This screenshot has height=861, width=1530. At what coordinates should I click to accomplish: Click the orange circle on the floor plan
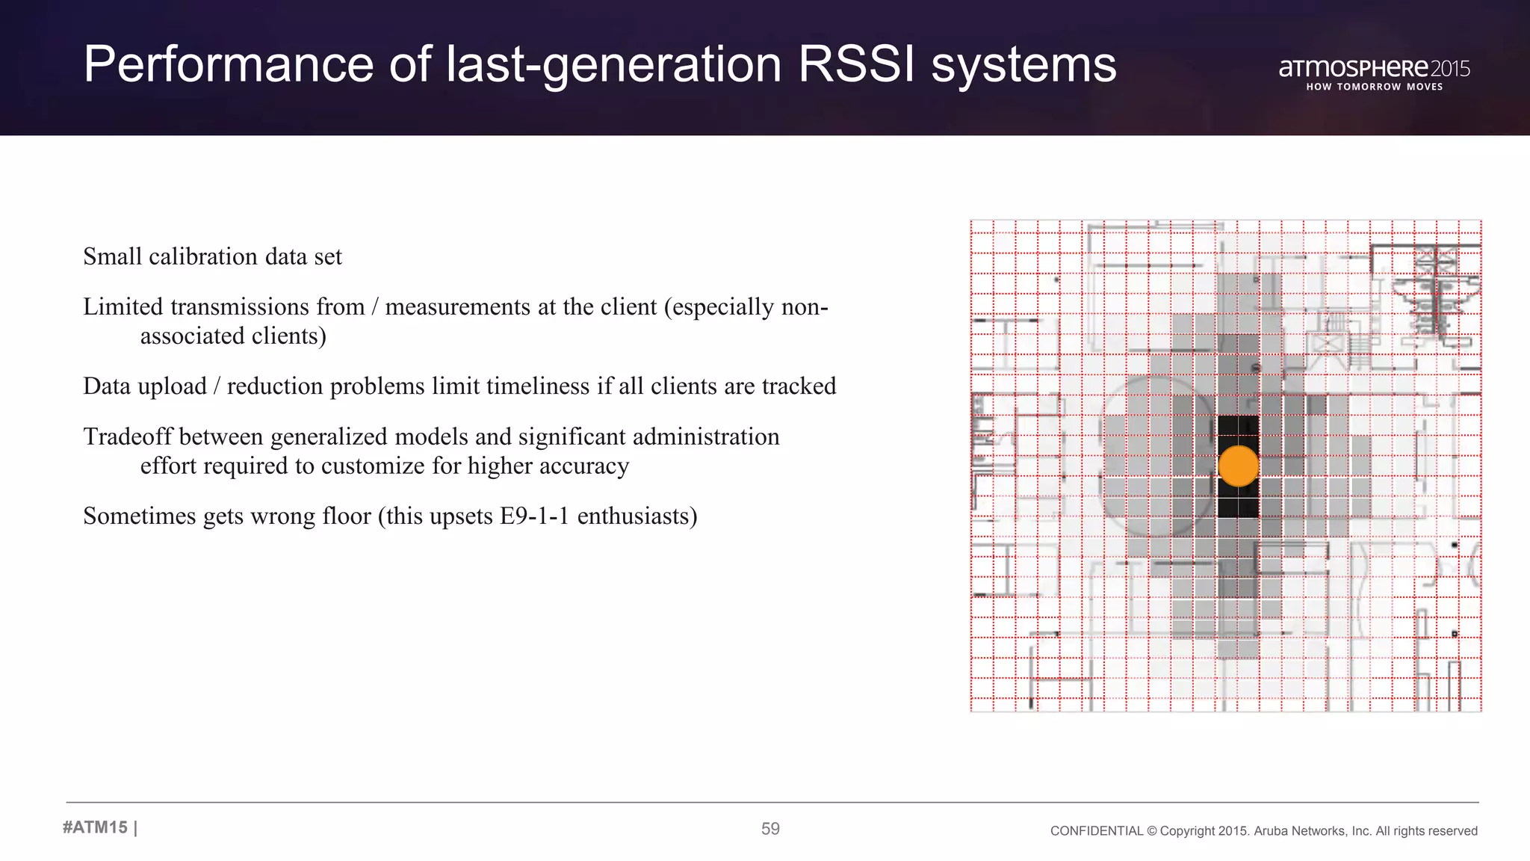tap(1238, 466)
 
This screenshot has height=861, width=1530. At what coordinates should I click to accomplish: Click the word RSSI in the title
tap(856, 64)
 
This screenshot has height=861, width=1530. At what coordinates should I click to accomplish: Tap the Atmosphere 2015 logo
tap(1374, 69)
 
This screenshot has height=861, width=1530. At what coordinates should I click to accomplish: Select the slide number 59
tap(770, 829)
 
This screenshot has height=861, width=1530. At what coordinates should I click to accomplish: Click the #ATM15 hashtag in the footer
tap(96, 827)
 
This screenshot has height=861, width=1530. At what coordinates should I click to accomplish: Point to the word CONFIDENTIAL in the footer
tap(1096, 831)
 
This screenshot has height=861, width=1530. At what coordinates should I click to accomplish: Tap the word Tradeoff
tap(128, 436)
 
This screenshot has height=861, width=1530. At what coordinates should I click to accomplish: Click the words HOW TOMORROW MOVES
tap(1374, 87)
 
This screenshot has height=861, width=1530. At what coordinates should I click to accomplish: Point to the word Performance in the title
tap(228, 64)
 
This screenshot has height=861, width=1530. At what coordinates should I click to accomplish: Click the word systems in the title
tap(1023, 64)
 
